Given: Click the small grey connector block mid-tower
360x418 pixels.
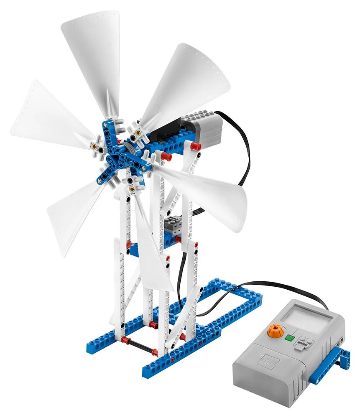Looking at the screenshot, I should pyautogui.click(x=173, y=226).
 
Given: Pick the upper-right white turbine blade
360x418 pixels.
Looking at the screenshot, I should pyautogui.click(x=188, y=84).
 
